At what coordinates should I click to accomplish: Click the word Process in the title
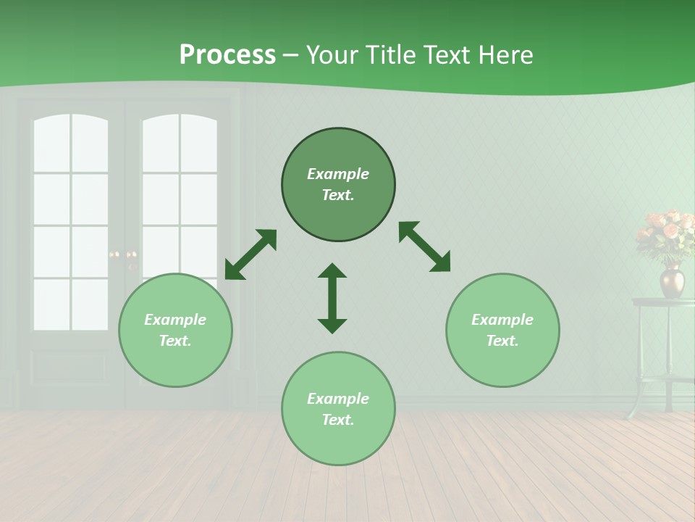click(x=227, y=55)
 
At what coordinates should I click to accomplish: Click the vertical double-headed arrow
click(x=332, y=298)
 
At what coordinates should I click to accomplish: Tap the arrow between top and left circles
click(x=250, y=254)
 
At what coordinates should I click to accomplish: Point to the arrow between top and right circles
click(x=424, y=246)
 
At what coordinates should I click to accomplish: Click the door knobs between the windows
click(x=123, y=255)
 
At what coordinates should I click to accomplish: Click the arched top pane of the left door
click(x=70, y=142)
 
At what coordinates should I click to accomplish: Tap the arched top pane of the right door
click(x=180, y=142)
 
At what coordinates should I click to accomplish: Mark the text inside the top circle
click(x=338, y=184)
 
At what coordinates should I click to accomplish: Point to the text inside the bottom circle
click(x=338, y=409)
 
